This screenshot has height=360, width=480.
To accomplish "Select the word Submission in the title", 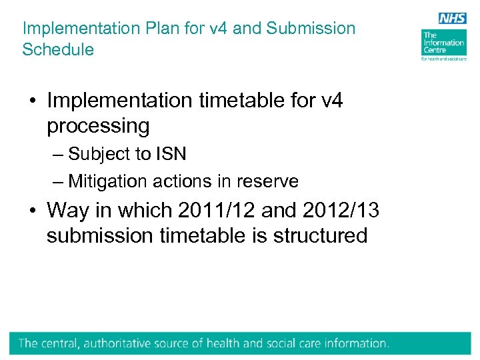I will pyautogui.click(x=311, y=29).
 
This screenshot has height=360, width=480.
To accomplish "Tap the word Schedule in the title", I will pyautogui.click(x=58, y=49).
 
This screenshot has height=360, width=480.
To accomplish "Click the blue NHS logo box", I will pyautogui.click(x=452, y=19).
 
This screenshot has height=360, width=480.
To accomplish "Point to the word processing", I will pyautogui.click(x=98, y=125).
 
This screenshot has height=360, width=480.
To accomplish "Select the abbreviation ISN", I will pyautogui.click(x=171, y=154).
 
